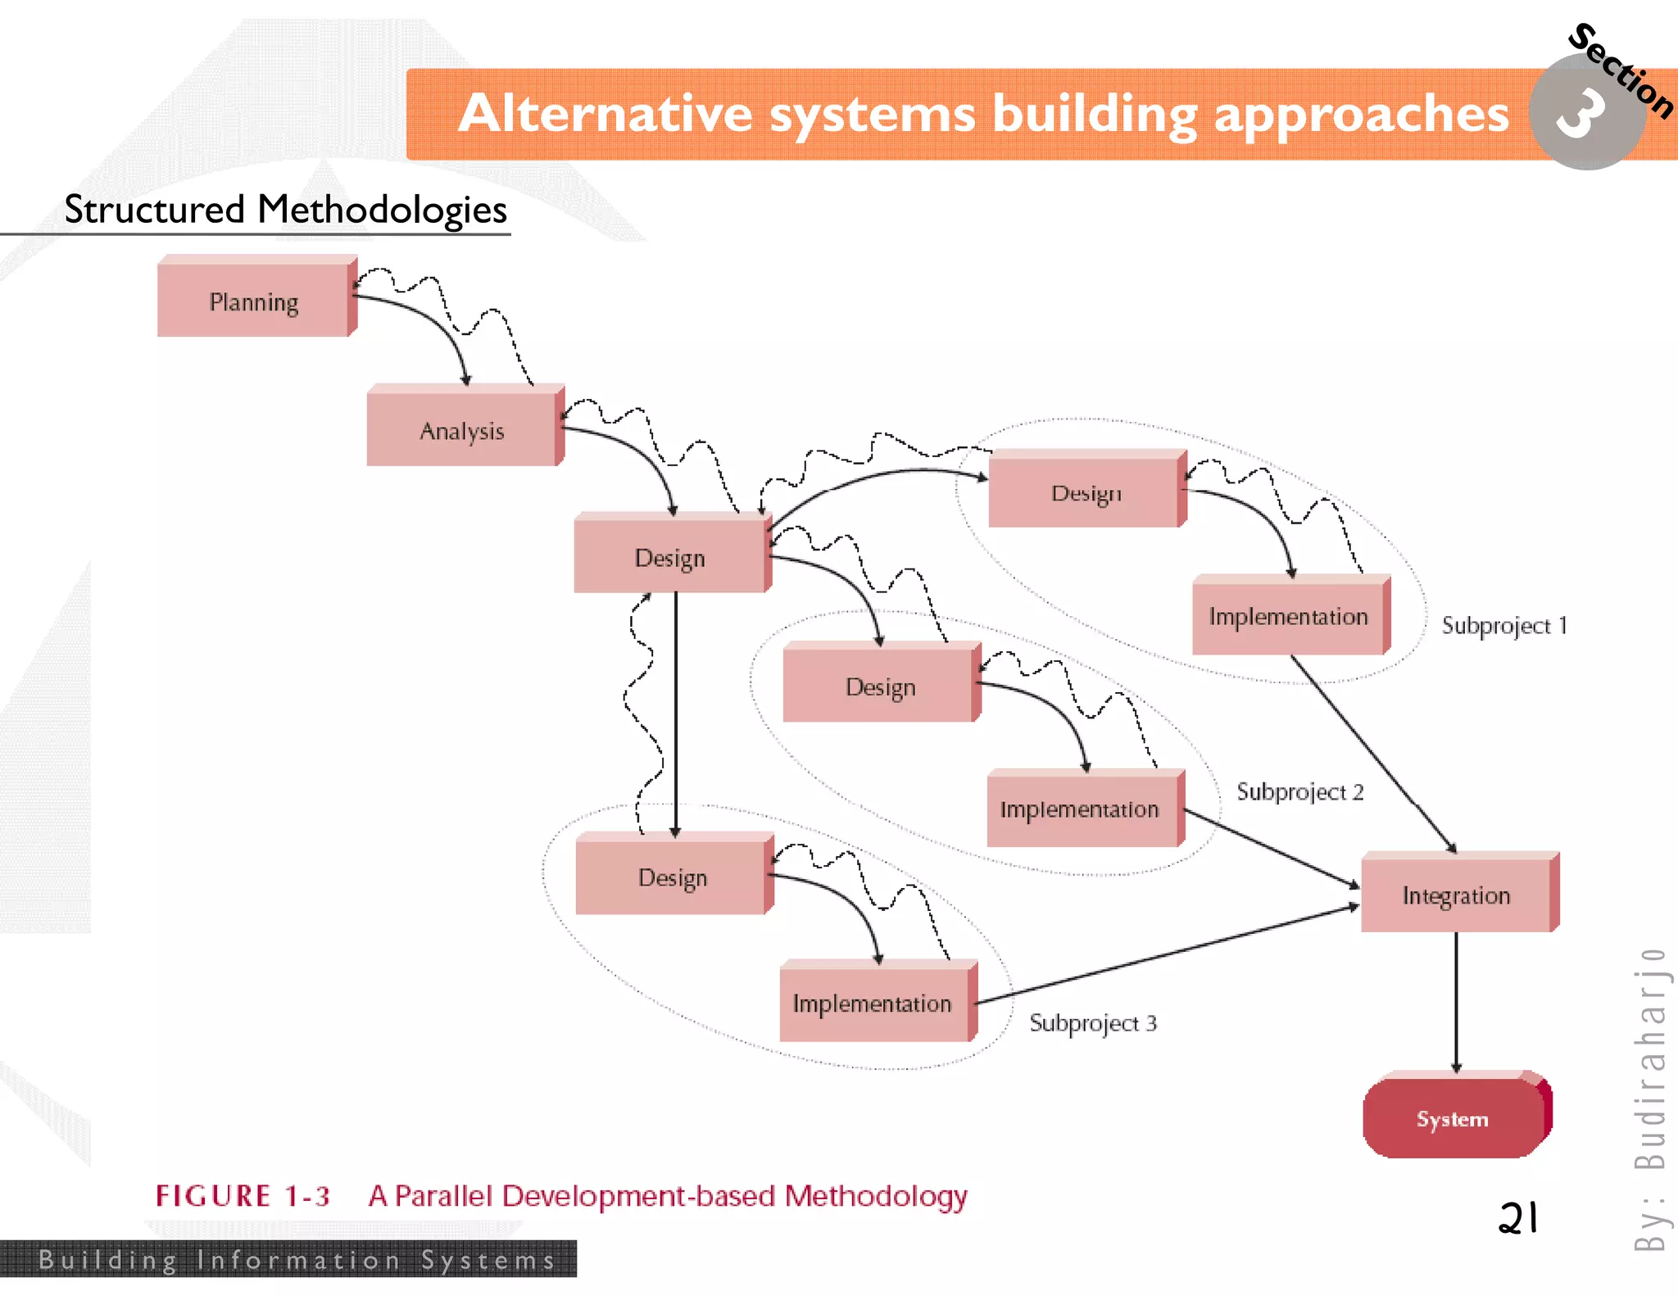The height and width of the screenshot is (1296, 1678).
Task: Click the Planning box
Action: point(254,300)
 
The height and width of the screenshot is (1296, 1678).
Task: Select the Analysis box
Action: point(462,429)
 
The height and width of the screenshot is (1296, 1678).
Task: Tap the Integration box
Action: point(1456,895)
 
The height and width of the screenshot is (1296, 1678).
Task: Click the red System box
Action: point(1453,1118)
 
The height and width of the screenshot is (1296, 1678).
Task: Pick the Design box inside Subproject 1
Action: point(1085,492)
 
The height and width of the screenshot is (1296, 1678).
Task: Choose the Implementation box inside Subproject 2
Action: point(1080,809)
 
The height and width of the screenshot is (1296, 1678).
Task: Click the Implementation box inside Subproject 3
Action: point(873,1003)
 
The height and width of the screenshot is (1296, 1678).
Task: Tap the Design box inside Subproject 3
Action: point(672,877)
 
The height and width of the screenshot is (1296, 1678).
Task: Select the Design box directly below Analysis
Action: point(669,557)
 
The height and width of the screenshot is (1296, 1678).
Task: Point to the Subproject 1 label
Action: point(1504,626)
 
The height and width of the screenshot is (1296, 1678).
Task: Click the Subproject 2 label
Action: point(1299,791)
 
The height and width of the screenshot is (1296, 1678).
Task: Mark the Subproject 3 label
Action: point(1092,1023)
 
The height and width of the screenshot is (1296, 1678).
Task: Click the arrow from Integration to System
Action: point(1456,999)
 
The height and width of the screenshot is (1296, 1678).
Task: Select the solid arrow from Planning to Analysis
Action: point(434,324)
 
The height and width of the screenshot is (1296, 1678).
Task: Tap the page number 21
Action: point(1517,1218)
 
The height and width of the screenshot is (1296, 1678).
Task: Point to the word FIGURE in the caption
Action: point(213,1196)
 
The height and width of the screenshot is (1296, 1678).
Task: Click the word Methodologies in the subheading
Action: point(382,210)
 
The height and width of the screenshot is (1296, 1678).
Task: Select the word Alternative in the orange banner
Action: point(605,113)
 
